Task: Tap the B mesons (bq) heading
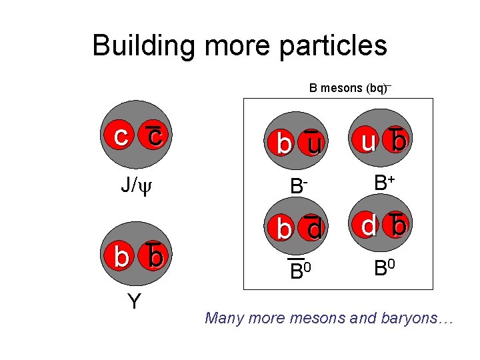[349, 87]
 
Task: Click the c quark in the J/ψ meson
[121, 136]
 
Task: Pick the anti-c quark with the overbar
[154, 136]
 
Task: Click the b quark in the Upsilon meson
[121, 257]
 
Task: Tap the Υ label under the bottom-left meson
[134, 302]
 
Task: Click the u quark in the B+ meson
[367, 141]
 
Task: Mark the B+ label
[384, 182]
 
